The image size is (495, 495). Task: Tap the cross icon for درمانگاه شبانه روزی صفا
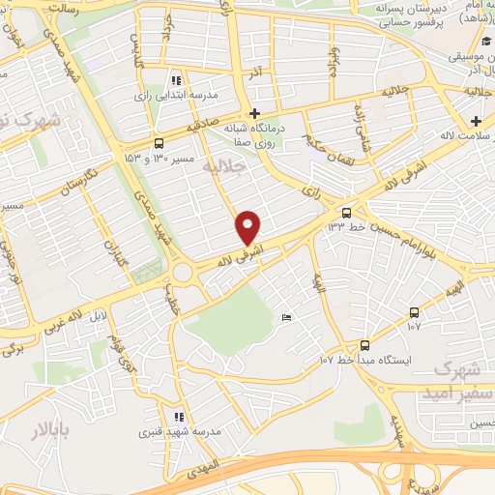tap(254, 113)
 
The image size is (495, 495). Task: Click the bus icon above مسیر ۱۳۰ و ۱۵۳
tap(159, 140)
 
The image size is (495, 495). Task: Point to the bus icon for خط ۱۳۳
tap(347, 213)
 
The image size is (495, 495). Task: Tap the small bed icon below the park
tap(286, 318)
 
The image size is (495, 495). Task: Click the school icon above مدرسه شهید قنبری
tap(178, 418)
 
